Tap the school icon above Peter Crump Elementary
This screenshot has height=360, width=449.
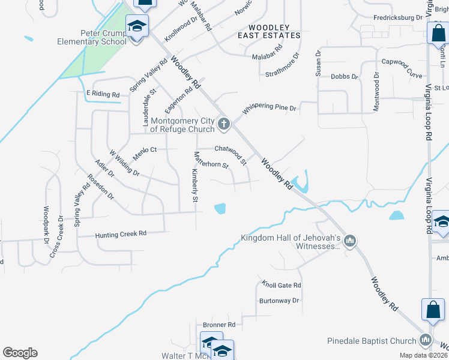click(136, 27)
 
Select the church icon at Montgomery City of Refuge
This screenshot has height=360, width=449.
click(224, 124)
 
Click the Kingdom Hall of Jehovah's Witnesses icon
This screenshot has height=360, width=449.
click(351, 241)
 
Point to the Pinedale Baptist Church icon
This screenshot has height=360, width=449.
click(426, 340)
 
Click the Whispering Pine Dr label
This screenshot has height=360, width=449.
click(270, 109)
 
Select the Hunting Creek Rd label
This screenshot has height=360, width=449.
click(121, 234)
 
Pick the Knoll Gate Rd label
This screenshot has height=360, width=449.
click(281, 285)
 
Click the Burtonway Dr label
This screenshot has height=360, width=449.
click(279, 300)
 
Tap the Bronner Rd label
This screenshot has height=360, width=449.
click(219, 325)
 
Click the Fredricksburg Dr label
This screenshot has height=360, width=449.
click(397, 18)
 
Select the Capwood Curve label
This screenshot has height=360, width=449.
click(402, 62)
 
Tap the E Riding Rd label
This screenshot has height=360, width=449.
click(103, 94)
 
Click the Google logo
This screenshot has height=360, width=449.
click(20, 353)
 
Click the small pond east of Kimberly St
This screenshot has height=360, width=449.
click(220, 208)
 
